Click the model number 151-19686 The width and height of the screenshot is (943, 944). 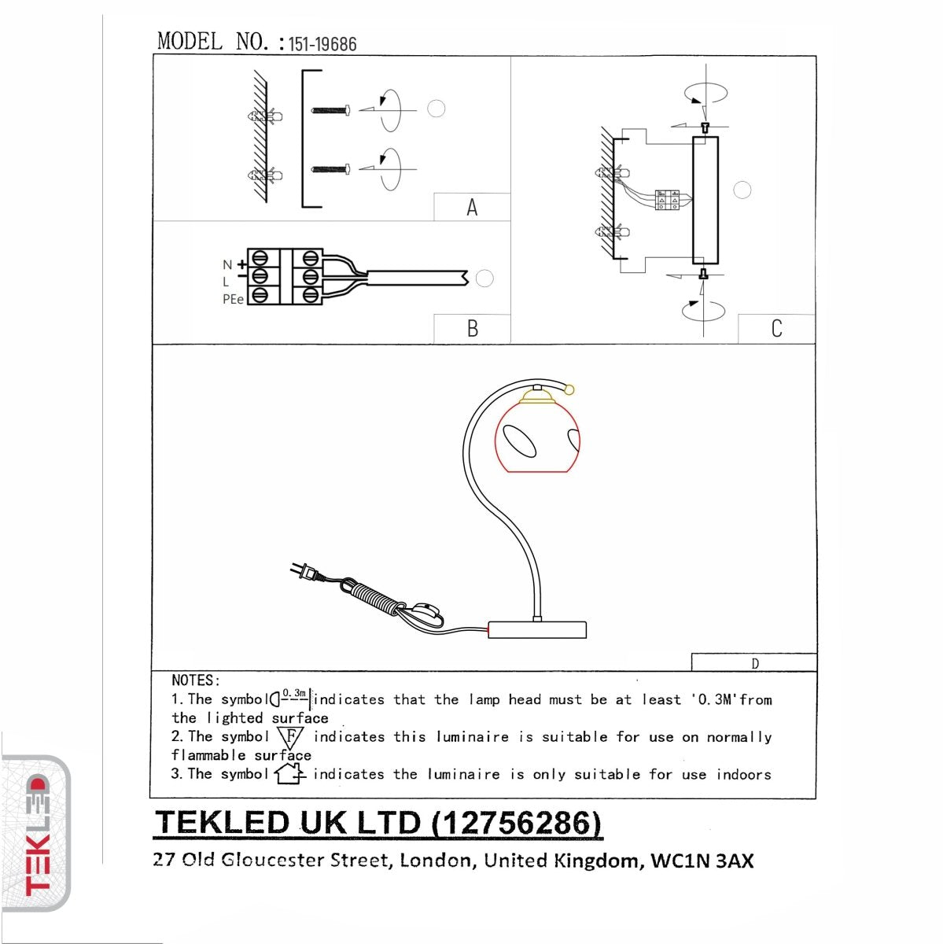[x=322, y=44]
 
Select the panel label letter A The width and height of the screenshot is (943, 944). [x=472, y=208]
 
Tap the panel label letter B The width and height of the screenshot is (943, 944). [x=472, y=328]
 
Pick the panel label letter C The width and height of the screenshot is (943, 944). [x=776, y=328]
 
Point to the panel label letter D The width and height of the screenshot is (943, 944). [x=755, y=664]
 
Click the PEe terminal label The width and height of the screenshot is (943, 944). [x=233, y=300]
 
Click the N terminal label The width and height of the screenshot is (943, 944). [x=227, y=265]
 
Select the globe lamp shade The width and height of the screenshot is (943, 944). [x=537, y=437]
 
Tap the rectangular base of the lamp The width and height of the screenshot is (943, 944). [x=537, y=629]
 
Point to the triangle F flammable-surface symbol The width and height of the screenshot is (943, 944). [x=290, y=738]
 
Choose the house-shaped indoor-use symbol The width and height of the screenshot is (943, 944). [x=289, y=774]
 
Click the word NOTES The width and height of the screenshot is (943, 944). [x=195, y=680]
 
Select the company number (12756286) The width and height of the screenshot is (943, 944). [x=517, y=823]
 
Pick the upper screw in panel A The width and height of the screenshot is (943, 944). [x=330, y=110]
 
